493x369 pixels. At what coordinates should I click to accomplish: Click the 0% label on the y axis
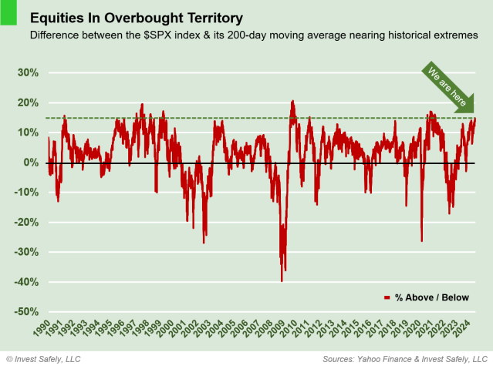[x=31, y=163]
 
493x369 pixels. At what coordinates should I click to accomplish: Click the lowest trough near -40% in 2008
[x=282, y=280]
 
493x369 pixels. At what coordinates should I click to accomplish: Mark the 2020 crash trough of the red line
[x=421, y=240]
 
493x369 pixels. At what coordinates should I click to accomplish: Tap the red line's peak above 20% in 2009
[x=292, y=102]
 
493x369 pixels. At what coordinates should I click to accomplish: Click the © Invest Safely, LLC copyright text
[x=43, y=359]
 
